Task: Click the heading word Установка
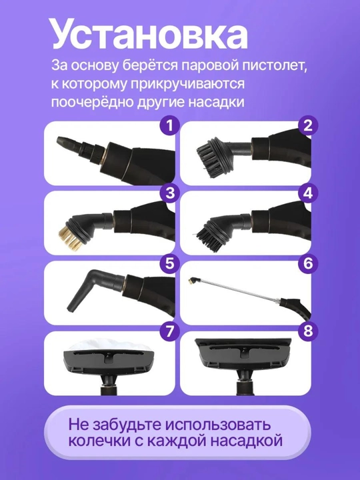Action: pos(149,34)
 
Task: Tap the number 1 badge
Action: pos(170,125)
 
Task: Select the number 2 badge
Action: pos(308,125)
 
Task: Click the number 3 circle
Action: pos(170,194)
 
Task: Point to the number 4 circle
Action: pos(308,194)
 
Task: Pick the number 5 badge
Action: pos(170,263)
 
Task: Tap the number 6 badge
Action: pos(308,263)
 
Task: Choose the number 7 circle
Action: pos(170,331)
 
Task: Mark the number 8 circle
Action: pos(308,331)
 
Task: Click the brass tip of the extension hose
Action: pos(192,279)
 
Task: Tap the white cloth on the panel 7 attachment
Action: pos(109,345)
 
